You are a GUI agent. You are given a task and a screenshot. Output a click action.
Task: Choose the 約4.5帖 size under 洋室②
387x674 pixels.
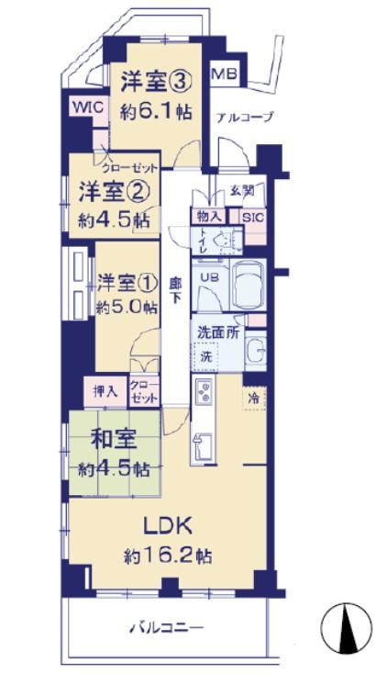point(113,220)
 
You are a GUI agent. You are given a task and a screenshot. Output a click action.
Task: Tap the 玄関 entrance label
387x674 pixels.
point(242,191)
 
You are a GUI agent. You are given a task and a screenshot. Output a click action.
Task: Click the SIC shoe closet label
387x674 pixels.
point(250,217)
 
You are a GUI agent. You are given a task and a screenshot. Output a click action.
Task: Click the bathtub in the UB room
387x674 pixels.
point(249,286)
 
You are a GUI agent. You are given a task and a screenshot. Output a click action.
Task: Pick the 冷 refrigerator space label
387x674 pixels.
point(251,399)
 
